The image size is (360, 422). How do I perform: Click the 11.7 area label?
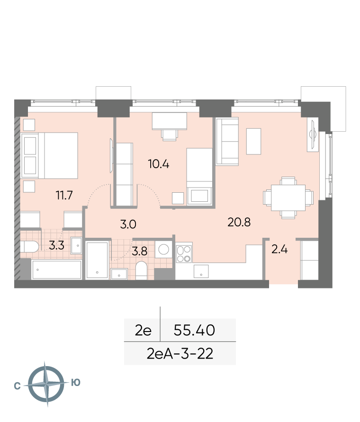coord(64,195)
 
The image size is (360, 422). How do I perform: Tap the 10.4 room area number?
coord(159,164)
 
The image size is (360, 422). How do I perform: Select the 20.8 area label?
coord(239,222)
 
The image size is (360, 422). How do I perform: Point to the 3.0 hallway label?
coord(128,224)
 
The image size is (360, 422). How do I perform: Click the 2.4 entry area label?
coord(279,250)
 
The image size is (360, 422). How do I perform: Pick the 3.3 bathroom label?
coord(56,245)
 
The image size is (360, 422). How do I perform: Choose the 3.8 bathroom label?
coord(140,251)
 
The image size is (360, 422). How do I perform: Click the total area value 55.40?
coord(194,330)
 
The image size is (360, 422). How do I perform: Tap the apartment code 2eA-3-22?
coord(180,354)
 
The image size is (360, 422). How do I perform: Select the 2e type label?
coord(143,330)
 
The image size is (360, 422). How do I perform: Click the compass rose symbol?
coord(47,384)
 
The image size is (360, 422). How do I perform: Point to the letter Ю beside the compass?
coord(76,382)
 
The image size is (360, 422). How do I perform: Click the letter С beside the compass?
coord(17,386)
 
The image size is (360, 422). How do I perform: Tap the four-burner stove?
coord(184,253)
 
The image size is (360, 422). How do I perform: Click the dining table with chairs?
coord(288,198)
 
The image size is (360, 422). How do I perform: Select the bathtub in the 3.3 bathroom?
coord(56,269)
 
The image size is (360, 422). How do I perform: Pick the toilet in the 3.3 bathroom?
coord(30,246)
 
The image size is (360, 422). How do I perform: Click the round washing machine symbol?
coord(163,249)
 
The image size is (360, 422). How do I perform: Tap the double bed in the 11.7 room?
coord(50,155)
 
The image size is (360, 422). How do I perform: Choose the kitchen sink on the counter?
coord(201,271)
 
